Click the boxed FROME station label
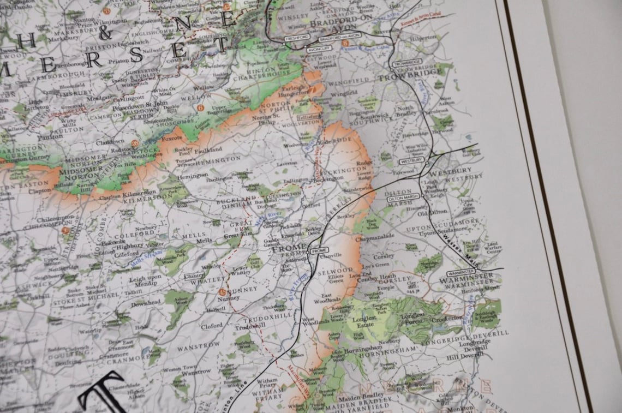(x=318, y=250)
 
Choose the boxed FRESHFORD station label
(x=297, y=37)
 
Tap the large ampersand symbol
(x=105, y=31)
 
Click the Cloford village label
(x=212, y=326)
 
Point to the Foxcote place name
(x=173, y=139)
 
